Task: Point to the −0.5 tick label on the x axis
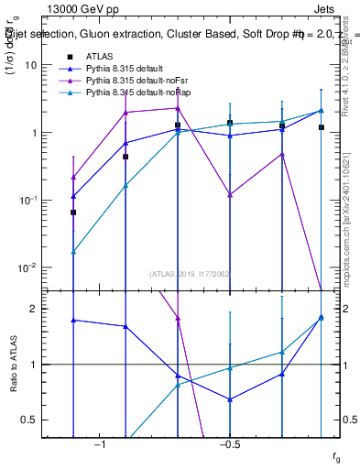pos(229,444)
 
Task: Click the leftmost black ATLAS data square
pos(73,212)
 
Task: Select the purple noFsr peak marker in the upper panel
pos(178,108)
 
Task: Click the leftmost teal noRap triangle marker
pos(73,251)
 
